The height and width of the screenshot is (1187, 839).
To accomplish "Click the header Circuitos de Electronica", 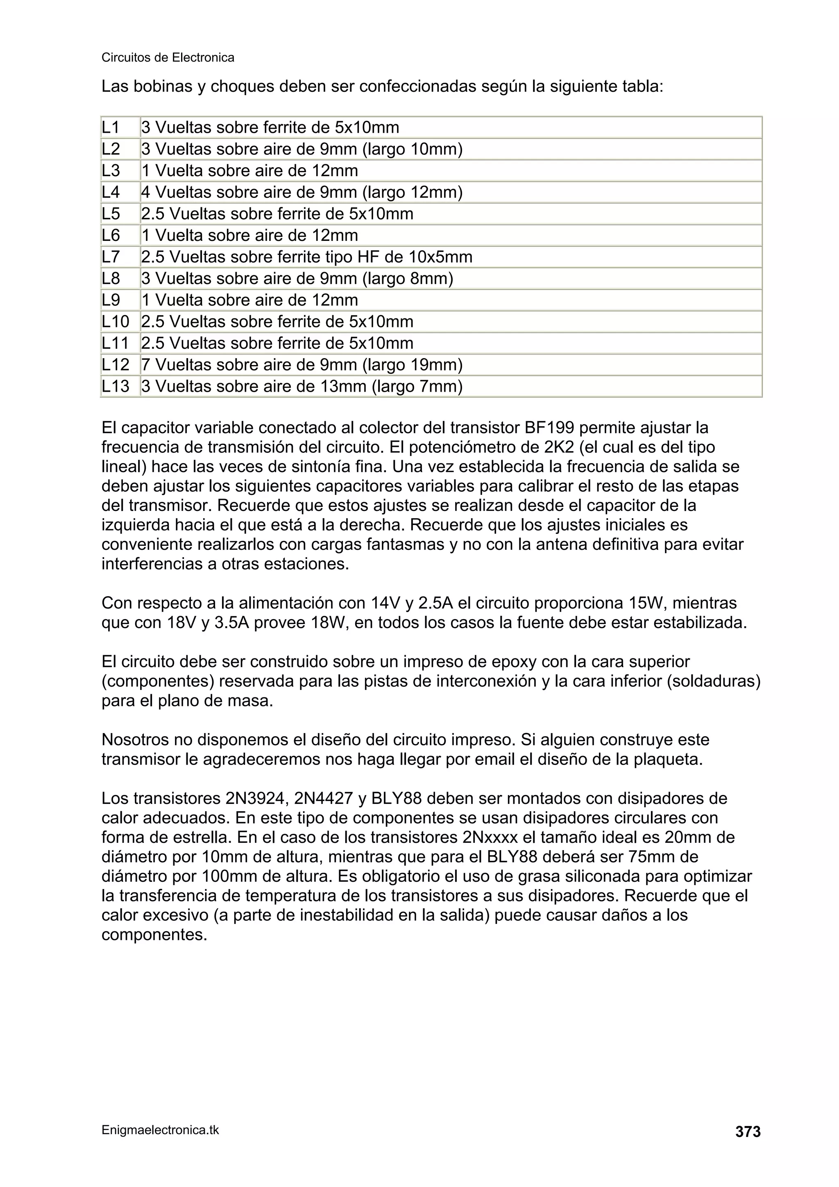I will [168, 57].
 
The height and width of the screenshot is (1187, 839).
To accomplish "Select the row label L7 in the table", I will [111, 257].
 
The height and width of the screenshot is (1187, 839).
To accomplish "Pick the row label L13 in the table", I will [115, 386].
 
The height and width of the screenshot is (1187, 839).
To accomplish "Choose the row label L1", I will [110, 127].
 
